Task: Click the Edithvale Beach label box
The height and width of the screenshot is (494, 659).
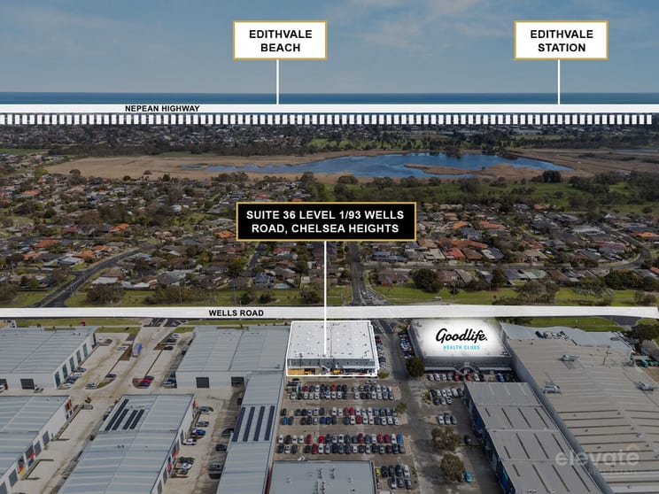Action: point(280,41)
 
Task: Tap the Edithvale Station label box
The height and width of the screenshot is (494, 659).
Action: point(561,41)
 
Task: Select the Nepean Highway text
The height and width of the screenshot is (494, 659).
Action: point(162,108)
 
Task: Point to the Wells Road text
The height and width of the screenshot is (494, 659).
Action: point(236,313)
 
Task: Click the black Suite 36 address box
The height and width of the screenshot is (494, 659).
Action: point(326,221)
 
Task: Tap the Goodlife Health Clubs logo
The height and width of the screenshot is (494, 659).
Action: point(461,338)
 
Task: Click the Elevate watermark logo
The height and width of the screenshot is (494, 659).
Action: point(597,459)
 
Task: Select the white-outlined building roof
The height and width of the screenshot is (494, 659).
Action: point(332,340)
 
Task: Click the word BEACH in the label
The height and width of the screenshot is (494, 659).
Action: point(280,48)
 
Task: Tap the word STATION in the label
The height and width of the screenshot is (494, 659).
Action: point(562,48)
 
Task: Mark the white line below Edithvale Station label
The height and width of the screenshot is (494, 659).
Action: point(559,82)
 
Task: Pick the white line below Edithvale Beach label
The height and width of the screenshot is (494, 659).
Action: point(277,82)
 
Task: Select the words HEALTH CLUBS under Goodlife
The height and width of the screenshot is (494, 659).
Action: point(461,347)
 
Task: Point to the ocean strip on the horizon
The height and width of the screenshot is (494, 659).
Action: point(329,98)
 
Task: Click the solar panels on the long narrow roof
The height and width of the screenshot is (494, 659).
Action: point(254,423)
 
